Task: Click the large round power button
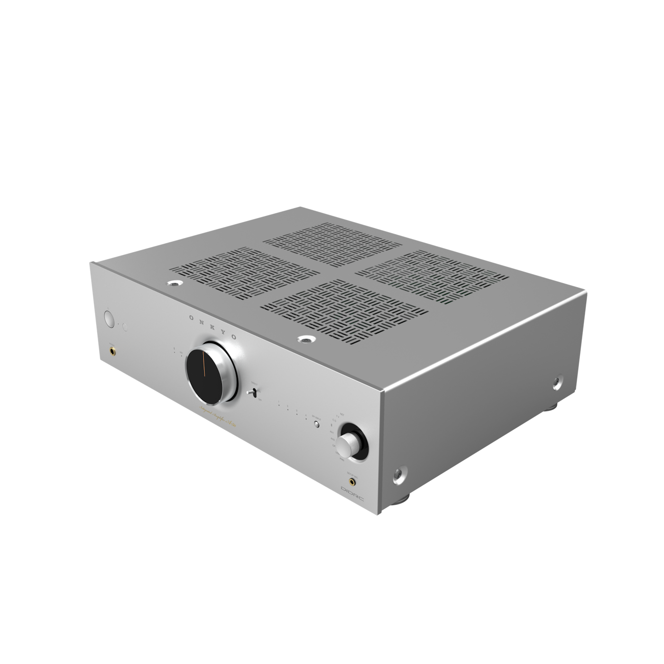(x=108, y=319)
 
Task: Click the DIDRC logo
(x=351, y=492)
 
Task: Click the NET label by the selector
(x=342, y=414)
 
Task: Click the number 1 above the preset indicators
(x=279, y=404)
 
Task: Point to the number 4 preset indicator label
(x=306, y=416)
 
